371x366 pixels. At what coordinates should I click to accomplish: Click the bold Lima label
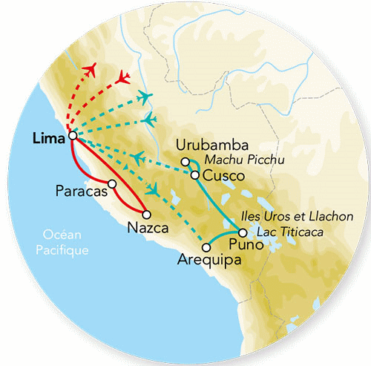pyautogui.click(x=49, y=137)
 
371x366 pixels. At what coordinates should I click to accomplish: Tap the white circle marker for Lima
pyautogui.click(x=72, y=136)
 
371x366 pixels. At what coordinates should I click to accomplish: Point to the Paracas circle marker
pyautogui.click(x=112, y=183)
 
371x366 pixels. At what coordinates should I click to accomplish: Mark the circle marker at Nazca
pyautogui.click(x=157, y=215)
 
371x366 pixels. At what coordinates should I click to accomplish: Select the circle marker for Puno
pyautogui.click(x=243, y=233)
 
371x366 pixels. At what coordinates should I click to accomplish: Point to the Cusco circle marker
pyautogui.click(x=194, y=175)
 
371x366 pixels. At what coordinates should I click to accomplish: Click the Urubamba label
pyautogui.click(x=207, y=146)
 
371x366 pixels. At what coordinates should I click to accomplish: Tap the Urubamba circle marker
pyautogui.click(x=185, y=161)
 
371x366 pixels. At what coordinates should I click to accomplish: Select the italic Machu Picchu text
pyautogui.click(x=237, y=161)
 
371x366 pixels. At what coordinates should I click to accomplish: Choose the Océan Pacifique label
pyautogui.click(x=64, y=244)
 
